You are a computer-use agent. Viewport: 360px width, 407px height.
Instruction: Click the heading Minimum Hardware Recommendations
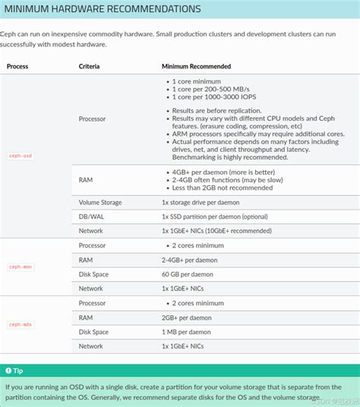[103, 9]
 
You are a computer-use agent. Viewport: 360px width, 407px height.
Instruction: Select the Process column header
[17, 67]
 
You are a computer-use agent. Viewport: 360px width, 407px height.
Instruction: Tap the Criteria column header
[89, 67]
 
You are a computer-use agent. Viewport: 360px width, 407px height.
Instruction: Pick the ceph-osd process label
[21, 155]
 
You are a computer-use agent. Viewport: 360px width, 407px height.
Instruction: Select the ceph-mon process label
[21, 267]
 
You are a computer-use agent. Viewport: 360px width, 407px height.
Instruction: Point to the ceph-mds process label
[21, 324]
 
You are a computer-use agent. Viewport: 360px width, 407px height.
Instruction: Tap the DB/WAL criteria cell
[93, 216]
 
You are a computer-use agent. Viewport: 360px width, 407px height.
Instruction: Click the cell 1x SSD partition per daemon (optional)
[215, 216]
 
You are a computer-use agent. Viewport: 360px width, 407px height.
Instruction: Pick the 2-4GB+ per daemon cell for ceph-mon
[190, 260]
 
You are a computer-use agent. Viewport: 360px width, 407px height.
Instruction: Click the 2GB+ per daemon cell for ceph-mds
[187, 317]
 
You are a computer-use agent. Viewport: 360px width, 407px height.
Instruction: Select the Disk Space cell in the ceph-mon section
[93, 274]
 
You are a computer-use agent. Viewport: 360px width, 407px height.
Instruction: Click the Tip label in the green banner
[18, 371]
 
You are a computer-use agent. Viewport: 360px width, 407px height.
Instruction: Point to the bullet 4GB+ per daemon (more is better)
[220, 172]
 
